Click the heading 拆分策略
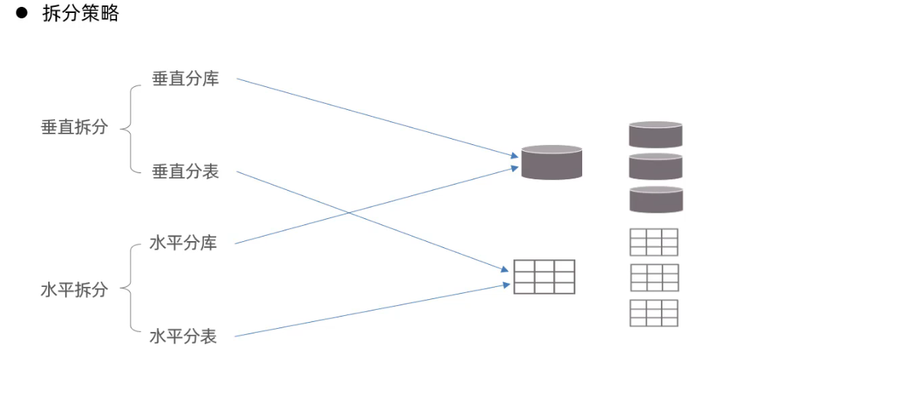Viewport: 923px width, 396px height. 81,14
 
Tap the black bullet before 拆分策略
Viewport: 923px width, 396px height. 21,13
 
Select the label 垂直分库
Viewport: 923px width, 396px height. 186,79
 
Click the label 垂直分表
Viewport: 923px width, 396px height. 186,172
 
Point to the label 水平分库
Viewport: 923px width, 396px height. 183,243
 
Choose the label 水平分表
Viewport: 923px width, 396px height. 183,336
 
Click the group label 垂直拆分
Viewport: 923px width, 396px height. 74,127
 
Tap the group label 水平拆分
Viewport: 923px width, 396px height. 74,290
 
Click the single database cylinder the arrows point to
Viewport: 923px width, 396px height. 552,162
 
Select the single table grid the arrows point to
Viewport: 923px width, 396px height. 544,277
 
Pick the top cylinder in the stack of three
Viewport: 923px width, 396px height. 656,134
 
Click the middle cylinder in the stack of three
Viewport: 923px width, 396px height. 656,166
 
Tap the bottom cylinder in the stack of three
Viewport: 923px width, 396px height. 656,199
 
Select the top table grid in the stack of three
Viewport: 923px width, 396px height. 653,242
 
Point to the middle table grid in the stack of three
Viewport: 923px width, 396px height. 654,278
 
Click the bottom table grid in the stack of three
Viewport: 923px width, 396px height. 654,313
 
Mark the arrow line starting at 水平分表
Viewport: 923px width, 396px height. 367,311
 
